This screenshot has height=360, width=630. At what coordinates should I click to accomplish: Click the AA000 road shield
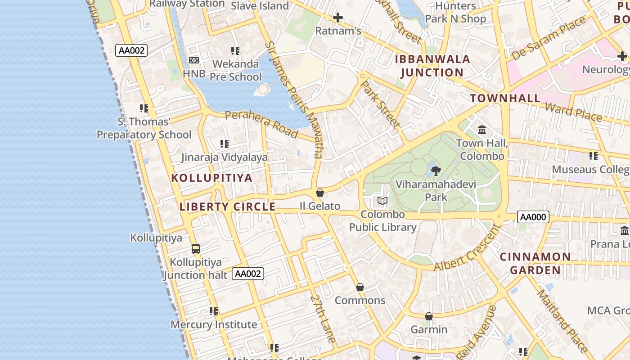pos(533,217)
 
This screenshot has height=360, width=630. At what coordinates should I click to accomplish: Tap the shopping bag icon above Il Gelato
pos(320,193)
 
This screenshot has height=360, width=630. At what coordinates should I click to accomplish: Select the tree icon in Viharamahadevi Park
pos(436,171)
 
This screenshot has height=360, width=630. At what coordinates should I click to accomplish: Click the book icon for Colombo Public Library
pos(382,201)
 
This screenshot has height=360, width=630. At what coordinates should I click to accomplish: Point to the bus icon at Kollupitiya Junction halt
pos(196,248)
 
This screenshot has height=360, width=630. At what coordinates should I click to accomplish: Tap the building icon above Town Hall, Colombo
pos(482,130)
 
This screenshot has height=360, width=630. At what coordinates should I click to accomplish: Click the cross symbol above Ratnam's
pos(338,18)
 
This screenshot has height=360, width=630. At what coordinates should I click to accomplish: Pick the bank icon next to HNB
pos(194,60)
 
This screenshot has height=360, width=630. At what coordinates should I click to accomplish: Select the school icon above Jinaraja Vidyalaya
pos(224,144)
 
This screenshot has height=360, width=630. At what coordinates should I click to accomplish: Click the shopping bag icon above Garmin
pos(429,316)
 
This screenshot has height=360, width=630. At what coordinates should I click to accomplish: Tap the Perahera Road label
pos(261,124)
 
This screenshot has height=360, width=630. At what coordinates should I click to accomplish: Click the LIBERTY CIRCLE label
pos(227,207)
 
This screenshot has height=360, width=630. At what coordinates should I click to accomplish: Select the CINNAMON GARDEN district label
pos(535,263)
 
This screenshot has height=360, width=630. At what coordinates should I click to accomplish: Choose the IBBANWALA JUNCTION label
pos(432,66)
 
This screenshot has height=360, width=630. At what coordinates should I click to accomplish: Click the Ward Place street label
pos(573,112)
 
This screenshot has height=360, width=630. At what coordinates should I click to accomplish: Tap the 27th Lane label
pos(323,319)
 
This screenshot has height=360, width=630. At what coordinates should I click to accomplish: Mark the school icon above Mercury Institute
pos(214,311)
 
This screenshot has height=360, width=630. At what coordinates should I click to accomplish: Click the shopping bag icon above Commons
pos(360,287)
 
